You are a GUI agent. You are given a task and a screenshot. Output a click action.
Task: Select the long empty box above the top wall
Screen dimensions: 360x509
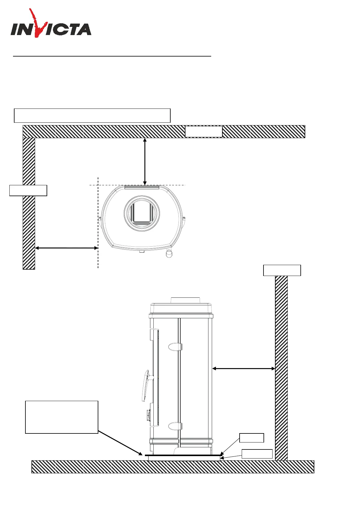(92, 115)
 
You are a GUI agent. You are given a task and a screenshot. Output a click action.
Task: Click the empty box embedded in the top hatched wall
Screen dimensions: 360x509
(204, 132)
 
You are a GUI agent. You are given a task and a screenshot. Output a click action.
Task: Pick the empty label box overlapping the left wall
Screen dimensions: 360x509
(28, 190)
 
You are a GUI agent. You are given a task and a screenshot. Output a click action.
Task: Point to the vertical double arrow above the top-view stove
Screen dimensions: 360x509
(145, 161)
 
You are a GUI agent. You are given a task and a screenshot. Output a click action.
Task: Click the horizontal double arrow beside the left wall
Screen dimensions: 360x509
(67, 248)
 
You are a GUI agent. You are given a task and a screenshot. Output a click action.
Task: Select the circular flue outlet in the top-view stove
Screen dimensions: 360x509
(142, 213)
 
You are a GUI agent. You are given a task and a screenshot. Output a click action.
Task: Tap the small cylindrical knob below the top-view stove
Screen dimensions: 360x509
(169, 253)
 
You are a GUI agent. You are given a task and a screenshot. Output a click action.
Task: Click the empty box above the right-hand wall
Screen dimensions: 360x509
(282, 270)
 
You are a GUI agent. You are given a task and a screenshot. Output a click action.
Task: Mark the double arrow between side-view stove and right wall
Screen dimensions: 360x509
(244, 368)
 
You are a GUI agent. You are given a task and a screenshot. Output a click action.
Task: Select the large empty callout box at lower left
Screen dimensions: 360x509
(62, 417)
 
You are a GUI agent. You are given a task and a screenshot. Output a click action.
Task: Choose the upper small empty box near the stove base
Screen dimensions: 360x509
(251, 438)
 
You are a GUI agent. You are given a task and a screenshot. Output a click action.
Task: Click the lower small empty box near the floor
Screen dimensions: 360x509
(257, 454)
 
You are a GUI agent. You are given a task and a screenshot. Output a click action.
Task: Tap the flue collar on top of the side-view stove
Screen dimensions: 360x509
(185, 300)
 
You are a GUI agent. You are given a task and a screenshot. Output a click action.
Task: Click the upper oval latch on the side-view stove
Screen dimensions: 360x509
(175, 347)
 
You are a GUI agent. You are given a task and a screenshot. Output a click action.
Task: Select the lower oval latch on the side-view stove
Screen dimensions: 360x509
(175, 426)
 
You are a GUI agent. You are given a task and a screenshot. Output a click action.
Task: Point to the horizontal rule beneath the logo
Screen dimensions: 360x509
(112, 56)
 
